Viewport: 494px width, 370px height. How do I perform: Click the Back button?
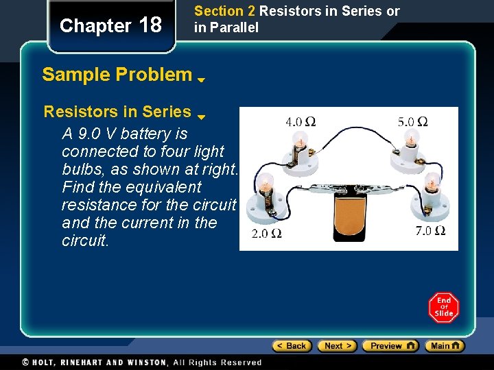[292, 346]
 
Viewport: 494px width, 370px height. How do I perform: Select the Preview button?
[390, 346]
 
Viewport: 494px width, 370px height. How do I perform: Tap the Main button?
[444, 346]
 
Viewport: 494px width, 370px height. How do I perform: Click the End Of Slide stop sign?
[444, 307]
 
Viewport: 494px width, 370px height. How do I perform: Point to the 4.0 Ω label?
[301, 122]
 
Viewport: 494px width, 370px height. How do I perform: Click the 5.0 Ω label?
[412, 121]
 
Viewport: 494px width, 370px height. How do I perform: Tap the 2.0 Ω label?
[267, 234]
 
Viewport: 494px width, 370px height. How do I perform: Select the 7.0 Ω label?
[431, 231]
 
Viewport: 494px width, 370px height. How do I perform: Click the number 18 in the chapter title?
[150, 25]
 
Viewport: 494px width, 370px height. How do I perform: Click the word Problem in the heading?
[158, 74]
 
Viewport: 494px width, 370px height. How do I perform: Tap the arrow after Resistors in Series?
[202, 116]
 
